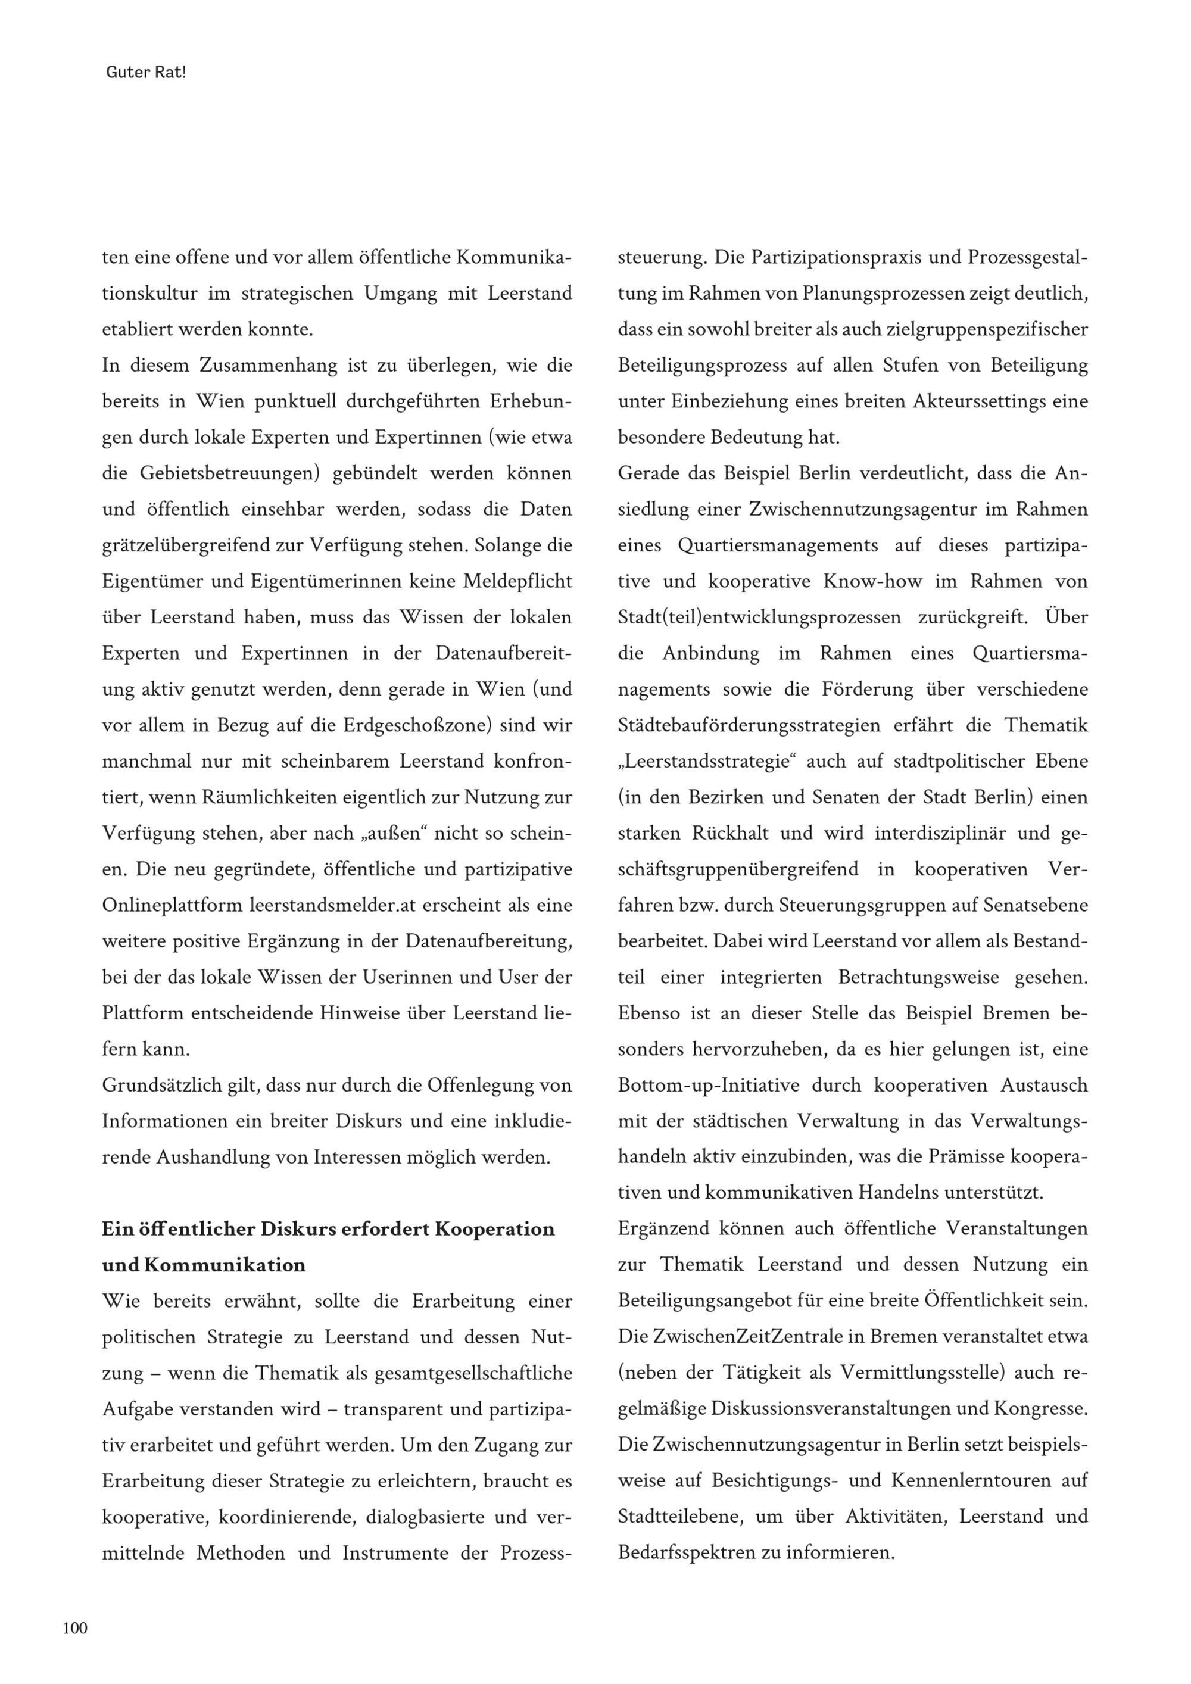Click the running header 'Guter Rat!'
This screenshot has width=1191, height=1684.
tap(146, 73)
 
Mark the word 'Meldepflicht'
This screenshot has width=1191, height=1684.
tap(517, 581)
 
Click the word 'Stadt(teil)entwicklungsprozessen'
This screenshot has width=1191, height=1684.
tap(759, 617)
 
